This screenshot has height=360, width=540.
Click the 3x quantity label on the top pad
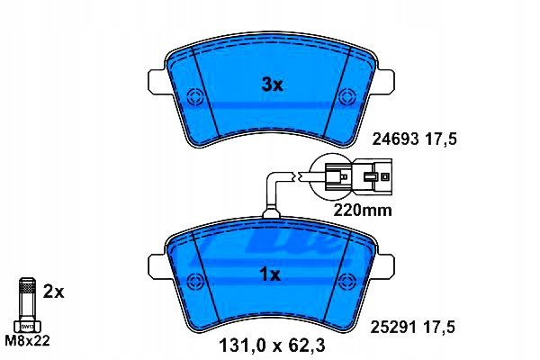[273, 85]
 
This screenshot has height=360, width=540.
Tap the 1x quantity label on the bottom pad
[270, 274]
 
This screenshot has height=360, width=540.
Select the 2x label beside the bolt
[53, 292]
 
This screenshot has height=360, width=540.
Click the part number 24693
[396, 139]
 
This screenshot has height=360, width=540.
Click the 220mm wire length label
[363, 210]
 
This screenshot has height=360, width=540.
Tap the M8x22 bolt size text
[28, 341]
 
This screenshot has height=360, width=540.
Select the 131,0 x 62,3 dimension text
[272, 346]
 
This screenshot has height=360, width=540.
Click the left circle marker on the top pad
[195, 97]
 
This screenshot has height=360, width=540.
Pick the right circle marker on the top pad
[346, 97]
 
